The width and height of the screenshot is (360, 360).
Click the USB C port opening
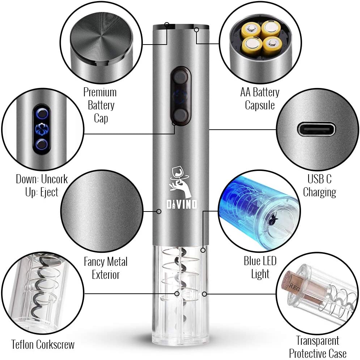coord(316,129)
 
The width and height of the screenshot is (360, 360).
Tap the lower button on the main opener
coord(181,115)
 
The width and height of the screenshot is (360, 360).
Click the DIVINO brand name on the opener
coord(182,204)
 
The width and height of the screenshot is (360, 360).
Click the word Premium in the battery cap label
coord(100,92)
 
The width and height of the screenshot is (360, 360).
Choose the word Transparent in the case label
coord(318,340)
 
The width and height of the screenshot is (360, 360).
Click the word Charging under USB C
coord(319,192)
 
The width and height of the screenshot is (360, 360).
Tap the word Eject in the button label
coord(49,192)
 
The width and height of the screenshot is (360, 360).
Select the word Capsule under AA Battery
coord(260,105)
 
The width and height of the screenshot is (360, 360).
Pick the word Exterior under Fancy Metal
coord(106,275)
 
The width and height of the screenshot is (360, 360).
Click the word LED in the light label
coord(268,261)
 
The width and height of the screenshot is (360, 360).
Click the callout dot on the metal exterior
coord(158,211)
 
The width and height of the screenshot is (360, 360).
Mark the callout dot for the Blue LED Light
coord(203,250)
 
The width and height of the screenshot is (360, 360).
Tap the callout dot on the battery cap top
coord(167,24)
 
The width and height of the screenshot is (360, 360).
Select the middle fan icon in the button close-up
coord(42,129)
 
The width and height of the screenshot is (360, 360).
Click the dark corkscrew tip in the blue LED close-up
coord(273,220)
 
